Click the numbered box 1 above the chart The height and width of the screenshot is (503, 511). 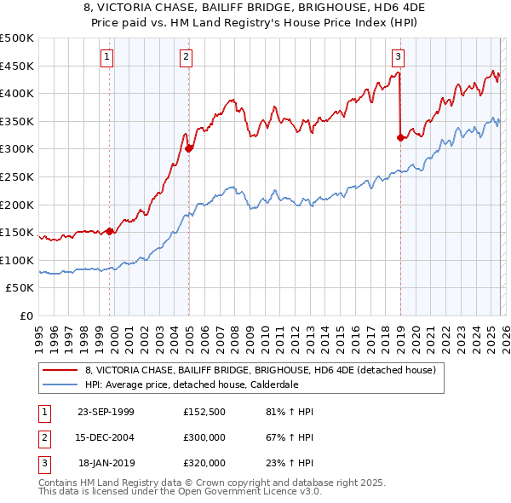tap(107, 57)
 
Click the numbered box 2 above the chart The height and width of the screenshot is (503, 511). tap(186, 57)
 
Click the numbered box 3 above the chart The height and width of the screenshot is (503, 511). tap(398, 57)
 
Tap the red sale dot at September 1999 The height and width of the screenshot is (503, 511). tap(110, 231)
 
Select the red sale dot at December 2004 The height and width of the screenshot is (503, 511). tap(189, 148)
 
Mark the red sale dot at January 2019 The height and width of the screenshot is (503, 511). tap(400, 137)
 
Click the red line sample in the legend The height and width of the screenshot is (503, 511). tap(60, 370)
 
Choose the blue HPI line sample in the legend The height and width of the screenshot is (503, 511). tap(60, 384)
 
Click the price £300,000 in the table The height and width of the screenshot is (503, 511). tap(204, 437)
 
